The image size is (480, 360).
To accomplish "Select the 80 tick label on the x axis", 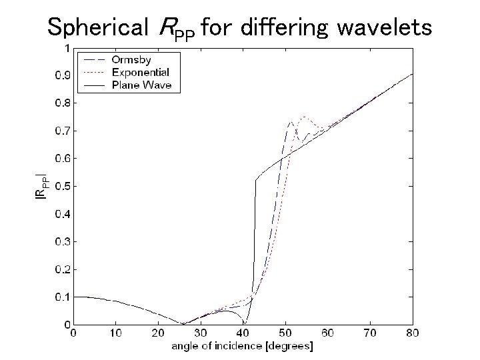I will [x=413, y=333].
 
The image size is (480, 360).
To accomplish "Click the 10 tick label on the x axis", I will [x=116, y=333].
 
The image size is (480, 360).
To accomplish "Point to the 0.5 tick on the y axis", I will [x=60, y=186].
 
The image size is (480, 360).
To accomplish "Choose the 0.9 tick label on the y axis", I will [x=60, y=75].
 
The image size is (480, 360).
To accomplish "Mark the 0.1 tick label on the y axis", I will [x=60, y=297].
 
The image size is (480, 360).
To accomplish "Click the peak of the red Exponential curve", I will [x=304, y=117].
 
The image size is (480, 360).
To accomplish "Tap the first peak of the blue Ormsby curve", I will [x=291, y=122].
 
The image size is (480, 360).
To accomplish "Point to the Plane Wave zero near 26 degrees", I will [x=184, y=324].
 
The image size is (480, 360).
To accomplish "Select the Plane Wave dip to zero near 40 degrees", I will [x=245, y=324].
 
